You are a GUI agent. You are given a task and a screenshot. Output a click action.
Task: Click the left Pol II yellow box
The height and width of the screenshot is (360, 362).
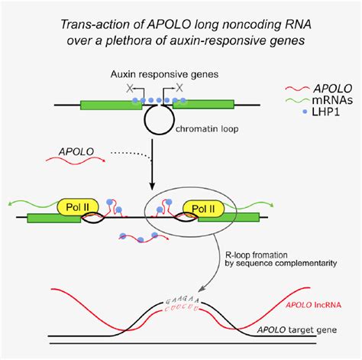pos(78,207)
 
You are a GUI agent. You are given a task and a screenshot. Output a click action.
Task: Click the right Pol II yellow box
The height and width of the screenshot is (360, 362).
pos(205,207)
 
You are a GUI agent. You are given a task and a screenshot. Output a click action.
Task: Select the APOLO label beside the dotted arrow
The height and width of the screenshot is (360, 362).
pos(76,152)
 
